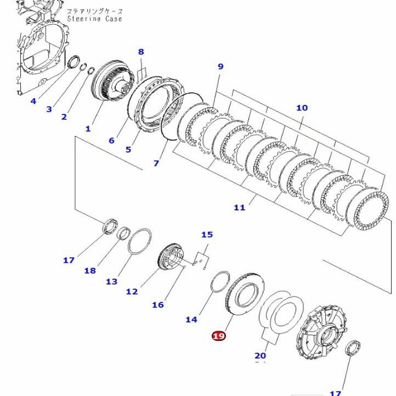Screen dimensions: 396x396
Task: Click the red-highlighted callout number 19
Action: click(219, 336)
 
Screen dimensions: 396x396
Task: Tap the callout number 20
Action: click(260, 355)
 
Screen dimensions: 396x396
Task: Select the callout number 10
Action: click(302, 107)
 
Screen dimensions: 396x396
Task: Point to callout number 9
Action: click(220, 66)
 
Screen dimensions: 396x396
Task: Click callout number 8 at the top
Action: click(141, 51)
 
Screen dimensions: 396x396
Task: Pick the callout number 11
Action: click(240, 208)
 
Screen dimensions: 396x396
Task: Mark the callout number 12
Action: click(132, 292)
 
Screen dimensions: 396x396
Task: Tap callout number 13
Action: click(112, 282)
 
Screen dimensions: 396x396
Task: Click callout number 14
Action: click(191, 320)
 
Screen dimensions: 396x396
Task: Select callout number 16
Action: click(157, 305)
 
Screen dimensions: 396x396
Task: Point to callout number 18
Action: click(90, 270)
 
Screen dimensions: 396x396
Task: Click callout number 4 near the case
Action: click(33, 101)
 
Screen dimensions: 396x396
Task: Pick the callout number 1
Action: click(88, 129)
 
